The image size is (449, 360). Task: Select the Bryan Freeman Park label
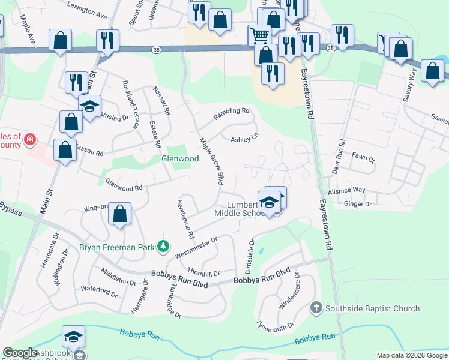[x=116, y=247]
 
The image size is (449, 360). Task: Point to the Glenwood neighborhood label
[x=180, y=158]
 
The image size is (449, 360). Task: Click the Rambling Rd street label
[x=232, y=111]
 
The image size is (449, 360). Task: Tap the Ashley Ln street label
[x=244, y=139]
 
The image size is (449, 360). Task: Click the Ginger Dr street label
[x=358, y=204]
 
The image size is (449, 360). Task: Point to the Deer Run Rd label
[x=342, y=156]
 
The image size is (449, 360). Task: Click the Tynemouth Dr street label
[x=276, y=325]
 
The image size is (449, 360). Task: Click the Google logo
[x=20, y=353]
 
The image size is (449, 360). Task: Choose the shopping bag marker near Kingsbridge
[x=120, y=214]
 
